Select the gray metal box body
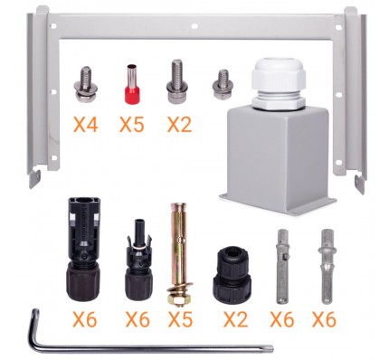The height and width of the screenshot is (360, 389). [278, 161]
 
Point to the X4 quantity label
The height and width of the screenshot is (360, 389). [85, 124]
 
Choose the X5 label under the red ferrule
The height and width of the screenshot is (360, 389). [132, 124]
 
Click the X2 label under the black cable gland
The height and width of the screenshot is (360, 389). [235, 319]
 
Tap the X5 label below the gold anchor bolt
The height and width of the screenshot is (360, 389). [180, 319]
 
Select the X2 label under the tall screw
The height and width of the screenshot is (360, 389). [179, 124]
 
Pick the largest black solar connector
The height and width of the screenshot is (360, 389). [83, 249]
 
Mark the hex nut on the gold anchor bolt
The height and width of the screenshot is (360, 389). [179, 299]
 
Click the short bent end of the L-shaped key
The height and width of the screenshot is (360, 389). [33, 327]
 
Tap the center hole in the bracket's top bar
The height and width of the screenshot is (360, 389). [194, 26]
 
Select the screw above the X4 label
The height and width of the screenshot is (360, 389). [86, 84]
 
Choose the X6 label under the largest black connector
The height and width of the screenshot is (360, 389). [85, 319]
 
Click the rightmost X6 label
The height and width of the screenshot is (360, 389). [324, 319]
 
